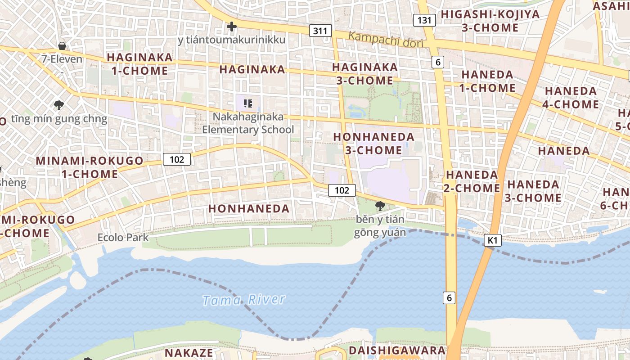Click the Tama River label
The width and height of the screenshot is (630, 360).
click(x=244, y=300)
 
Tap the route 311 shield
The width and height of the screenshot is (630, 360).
click(x=320, y=31)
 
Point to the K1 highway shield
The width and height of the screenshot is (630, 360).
click(x=492, y=240)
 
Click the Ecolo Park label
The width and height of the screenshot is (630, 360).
click(x=123, y=237)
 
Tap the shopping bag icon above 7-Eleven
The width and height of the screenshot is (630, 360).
click(x=62, y=46)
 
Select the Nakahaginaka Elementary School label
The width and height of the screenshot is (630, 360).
click(x=248, y=123)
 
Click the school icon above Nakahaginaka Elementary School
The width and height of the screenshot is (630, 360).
click(x=247, y=103)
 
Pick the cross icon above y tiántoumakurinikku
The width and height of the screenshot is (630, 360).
click(x=232, y=27)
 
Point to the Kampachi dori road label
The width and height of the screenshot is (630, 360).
click(x=386, y=40)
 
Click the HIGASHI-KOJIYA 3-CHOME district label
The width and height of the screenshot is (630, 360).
click(x=490, y=21)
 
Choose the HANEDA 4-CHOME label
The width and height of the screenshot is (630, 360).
click(x=571, y=98)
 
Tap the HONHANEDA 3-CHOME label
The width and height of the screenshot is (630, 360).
click(x=373, y=143)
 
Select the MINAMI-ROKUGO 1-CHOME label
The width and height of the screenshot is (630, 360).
click(x=90, y=167)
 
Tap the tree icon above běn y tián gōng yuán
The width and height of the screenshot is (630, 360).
click(x=380, y=206)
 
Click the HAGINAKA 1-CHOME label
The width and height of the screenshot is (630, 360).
click(x=139, y=64)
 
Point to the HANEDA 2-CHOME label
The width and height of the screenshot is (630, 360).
click(x=472, y=181)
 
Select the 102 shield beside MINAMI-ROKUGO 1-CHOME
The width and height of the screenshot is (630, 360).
click(x=177, y=159)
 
